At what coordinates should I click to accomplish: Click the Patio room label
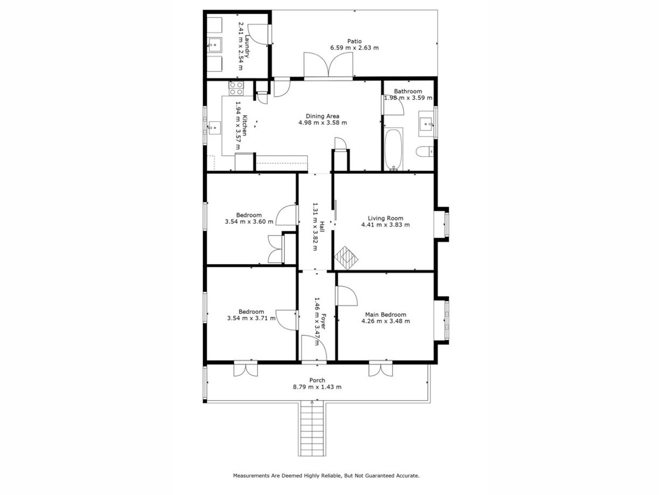pyautogui.click(x=354, y=41)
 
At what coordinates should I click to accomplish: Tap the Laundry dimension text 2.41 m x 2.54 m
pyautogui.click(x=241, y=46)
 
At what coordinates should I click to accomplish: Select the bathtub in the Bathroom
pyautogui.click(x=394, y=149)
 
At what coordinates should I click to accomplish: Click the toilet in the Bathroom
pyautogui.click(x=424, y=151)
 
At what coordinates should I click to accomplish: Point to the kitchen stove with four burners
pyautogui.click(x=236, y=88)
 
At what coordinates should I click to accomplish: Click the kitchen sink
pyautogui.click(x=214, y=128)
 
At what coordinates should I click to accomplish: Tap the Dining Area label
pyautogui.click(x=323, y=116)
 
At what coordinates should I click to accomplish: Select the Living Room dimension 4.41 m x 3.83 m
pyautogui.click(x=385, y=225)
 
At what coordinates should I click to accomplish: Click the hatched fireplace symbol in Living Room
pyautogui.click(x=346, y=258)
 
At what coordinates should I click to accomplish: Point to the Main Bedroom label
pyautogui.click(x=385, y=315)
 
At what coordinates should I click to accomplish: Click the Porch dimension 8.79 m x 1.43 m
pyautogui.click(x=317, y=387)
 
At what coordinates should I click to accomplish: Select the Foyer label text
pyautogui.click(x=324, y=321)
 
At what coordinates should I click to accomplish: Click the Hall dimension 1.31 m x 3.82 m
pyautogui.click(x=316, y=226)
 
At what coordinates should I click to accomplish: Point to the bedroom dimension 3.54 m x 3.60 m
pyautogui.click(x=249, y=222)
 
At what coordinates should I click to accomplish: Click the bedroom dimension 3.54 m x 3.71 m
pyautogui.click(x=251, y=318)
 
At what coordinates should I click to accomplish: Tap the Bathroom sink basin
pyautogui.click(x=426, y=123)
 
